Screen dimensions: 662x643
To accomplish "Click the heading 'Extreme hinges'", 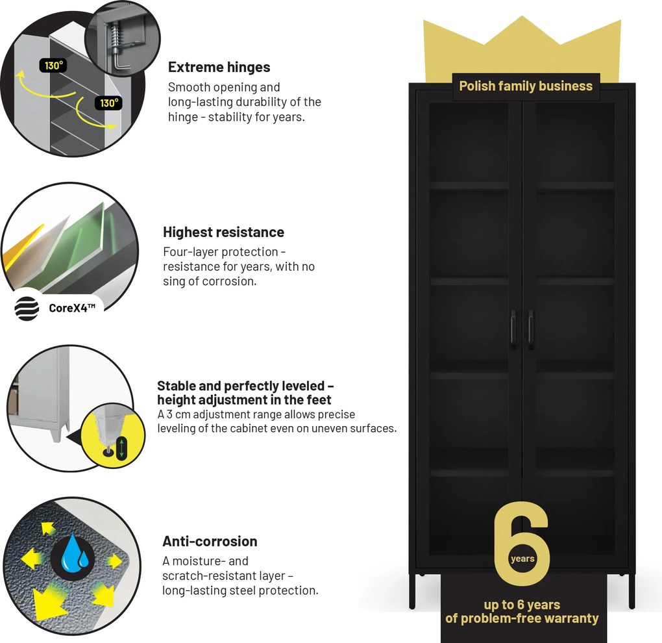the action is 219,67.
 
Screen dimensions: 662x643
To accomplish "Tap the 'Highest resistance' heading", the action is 223,232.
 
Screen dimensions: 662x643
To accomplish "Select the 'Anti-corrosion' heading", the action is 210,541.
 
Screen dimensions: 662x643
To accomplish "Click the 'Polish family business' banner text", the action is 526,86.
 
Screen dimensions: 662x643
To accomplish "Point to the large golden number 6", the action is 522,544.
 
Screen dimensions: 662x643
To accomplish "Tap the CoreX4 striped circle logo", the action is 27,309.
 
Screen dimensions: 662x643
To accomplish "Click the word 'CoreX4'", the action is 68,309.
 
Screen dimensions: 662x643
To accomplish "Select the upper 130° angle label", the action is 54,66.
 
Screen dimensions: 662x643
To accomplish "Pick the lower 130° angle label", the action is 109,103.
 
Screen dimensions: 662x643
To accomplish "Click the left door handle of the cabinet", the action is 513,329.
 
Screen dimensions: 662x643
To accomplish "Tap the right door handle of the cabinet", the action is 530,329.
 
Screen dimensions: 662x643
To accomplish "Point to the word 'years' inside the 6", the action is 522,559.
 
